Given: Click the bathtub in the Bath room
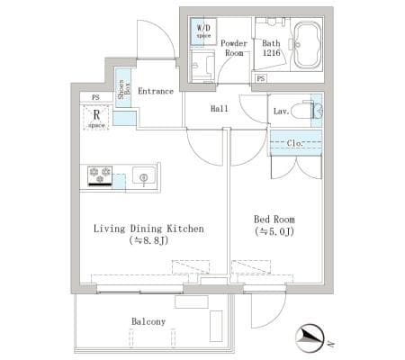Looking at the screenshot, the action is pyautogui.click(x=308, y=45).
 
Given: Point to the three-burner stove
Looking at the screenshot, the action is pyautogui.click(x=100, y=175).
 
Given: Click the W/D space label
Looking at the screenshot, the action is pyautogui.click(x=203, y=31).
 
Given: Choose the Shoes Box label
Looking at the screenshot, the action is pyautogui.click(x=123, y=89).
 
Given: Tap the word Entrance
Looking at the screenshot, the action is pyautogui.click(x=156, y=91).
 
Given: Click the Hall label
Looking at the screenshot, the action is pyautogui.click(x=219, y=108).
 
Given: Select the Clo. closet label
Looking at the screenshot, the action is pyautogui.click(x=295, y=143).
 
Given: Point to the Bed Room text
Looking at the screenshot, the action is pyautogui.click(x=274, y=220).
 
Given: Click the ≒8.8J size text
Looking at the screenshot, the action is pyautogui.click(x=148, y=240).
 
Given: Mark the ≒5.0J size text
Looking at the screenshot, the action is pyautogui.click(x=274, y=231).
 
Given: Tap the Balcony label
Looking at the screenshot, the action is pyautogui.click(x=148, y=321).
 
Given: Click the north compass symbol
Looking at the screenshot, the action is pyautogui.click(x=310, y=338).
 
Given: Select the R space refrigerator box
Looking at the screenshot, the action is pyautogui.click(x=96, y=118).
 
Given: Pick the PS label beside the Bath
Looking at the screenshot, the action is pyautogui.click(x=261, y=78).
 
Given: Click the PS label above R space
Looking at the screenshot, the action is pyautogui.click(x=95, y=97).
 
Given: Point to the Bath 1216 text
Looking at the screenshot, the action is pyautogui.click(x=271, y=48).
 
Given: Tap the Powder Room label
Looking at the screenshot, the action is pyautogui.click(x=234, y=48).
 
